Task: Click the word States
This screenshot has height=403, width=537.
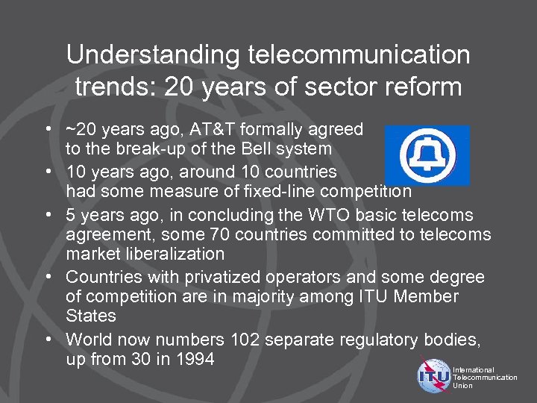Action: (91, 316)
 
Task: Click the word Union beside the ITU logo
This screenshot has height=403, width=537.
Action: (463, 386)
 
